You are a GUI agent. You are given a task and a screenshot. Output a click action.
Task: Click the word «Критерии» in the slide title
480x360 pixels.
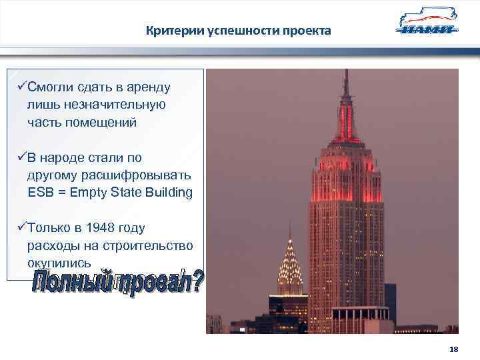pyautogui.click(x=169, y=31)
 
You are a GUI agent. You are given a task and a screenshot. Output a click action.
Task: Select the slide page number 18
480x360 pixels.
pyautogui.click(x=454, y=349)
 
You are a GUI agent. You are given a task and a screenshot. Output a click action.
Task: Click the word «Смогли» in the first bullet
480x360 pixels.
pyautogui.click(x=53, y=87)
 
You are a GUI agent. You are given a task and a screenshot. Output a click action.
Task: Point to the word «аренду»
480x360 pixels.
pyautogui.click(x=150, y=87)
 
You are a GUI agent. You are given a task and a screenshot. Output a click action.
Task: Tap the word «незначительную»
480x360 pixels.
pyautogui.click(x=97, y=105)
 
